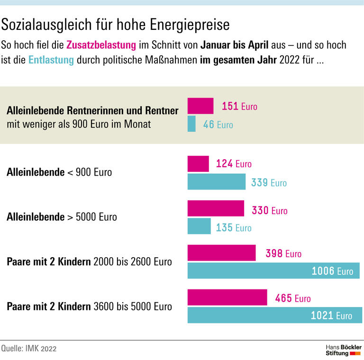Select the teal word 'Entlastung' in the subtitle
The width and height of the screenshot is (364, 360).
pos(51,61)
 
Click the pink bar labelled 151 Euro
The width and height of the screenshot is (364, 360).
pos(200,106)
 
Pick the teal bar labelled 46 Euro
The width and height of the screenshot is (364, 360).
pos(191,124)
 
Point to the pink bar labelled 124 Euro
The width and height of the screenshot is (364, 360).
pos(198,163)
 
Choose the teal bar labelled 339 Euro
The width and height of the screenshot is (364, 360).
pos(217,182)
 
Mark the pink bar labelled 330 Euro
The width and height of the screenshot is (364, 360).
pos(216,208)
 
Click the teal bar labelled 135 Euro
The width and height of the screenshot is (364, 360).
pos(200,226)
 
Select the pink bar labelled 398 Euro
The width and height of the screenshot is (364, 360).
pos(221,253)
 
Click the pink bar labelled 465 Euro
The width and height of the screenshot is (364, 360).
pos(227,297)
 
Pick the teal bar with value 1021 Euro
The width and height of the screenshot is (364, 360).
pos(274,315)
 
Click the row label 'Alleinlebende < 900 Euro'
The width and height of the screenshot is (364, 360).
pos(59,172)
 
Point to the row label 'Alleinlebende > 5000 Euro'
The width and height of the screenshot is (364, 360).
pos(62,217)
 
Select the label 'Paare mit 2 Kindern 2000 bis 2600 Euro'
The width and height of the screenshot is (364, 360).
pos(89,261)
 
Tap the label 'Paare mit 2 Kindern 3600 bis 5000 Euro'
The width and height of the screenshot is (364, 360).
pos(89,306)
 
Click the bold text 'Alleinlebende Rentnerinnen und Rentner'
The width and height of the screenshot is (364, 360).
pos(92,111)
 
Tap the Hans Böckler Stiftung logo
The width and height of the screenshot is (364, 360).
pos(343,350)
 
